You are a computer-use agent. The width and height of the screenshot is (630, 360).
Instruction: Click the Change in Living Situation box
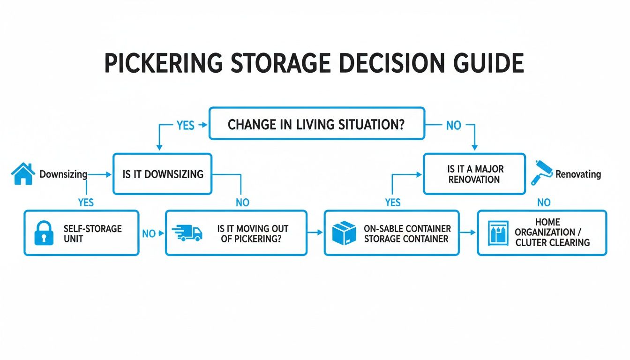(x=316, y=123)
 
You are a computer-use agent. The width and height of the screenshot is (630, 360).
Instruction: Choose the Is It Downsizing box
(x=162, y=174)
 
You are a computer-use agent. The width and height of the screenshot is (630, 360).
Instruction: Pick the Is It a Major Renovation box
(x=474, y=173)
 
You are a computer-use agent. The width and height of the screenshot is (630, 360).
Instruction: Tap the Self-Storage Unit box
(x=81, y=233)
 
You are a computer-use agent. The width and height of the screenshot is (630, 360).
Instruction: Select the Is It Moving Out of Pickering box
(x=236, y=233)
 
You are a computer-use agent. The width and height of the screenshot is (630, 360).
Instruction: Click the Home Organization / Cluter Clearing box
(x=542, y=232)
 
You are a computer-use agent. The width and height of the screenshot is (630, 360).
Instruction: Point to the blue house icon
(x=23, y=174)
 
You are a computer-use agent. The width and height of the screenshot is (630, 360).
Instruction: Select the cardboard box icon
(x=344, y=233)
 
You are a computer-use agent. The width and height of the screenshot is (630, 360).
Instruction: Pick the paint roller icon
(x=541, y=172)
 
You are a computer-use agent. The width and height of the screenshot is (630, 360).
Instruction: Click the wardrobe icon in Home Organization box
(x=498, y=233)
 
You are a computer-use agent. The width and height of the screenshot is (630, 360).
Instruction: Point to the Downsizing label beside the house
(x=63, y=174)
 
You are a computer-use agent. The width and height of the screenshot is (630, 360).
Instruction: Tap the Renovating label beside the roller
(x=578, y=174)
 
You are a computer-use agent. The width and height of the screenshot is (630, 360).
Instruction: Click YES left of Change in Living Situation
(x=185, y=125)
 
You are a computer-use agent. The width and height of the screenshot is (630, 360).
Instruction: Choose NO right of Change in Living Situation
(x=453, y=125)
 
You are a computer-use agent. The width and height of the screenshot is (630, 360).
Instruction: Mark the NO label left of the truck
(x=148, y=233)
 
